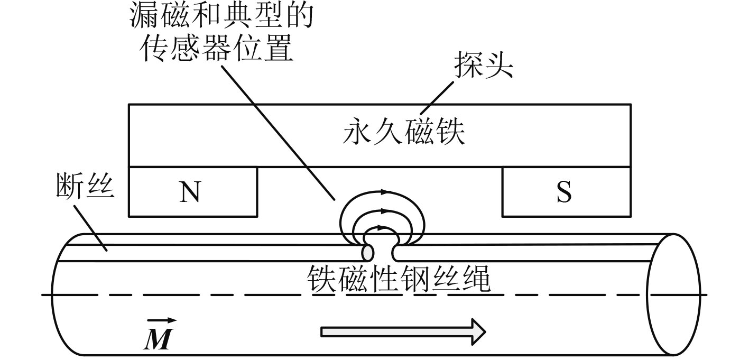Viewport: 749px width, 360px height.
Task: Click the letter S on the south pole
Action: click(564, 192)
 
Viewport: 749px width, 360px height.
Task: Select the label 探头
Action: click(484, 68)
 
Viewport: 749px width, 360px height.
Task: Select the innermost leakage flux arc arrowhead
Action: click(384, 228)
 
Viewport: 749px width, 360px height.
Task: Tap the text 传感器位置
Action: click(217, 49)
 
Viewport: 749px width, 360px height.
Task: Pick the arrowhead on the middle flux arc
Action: click(384, 211)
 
